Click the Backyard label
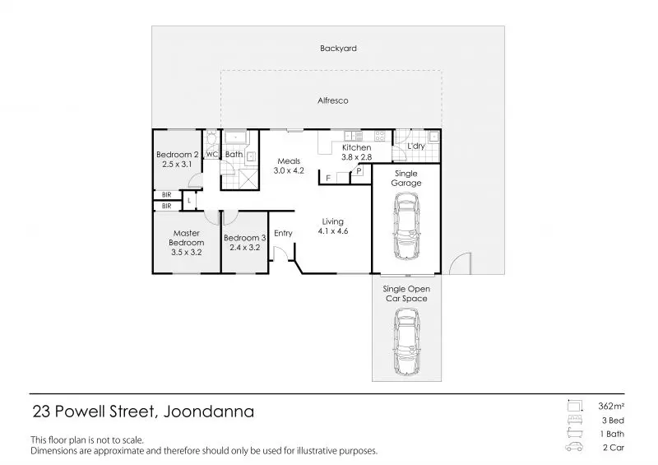pyautogui.click(x=338, y=49)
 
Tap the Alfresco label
pyautogui.click(x=333, y=100)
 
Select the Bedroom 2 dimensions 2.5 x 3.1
pyautogui.click(x=177, y=165)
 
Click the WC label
pyautogui.click(x=212, y=155)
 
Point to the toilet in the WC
pyautogui.click(x=212, y=138)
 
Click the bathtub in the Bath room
pyautogui.click(x=235, y=137)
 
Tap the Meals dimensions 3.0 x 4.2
pyautogui.click(x=289, y=170)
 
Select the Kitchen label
pyautogui.click(x=357, y=147)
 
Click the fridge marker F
pyautogui.click(x=328, y=178)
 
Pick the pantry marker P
pyautogui.click(x=359, y=171)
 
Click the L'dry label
pyautogui.click(x=416, y=146)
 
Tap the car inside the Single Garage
pyautogui.click(x=406, y=226)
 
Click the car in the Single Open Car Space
pyautogui.click(x=406, y=342)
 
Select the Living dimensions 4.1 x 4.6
pyautogui.click(x=333, y=231)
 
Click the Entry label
pyautogui.click(x=283, y=234)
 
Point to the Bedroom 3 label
pyautogui.click(x=244, y=238)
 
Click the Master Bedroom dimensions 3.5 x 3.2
pyautogui.click(x=187, y=253)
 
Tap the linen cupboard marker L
pyautogui.click(x=189, y=201)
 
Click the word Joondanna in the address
pyautogui.click(x=209, y=412)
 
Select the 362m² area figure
pyautogui.click(x=611, y=407)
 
